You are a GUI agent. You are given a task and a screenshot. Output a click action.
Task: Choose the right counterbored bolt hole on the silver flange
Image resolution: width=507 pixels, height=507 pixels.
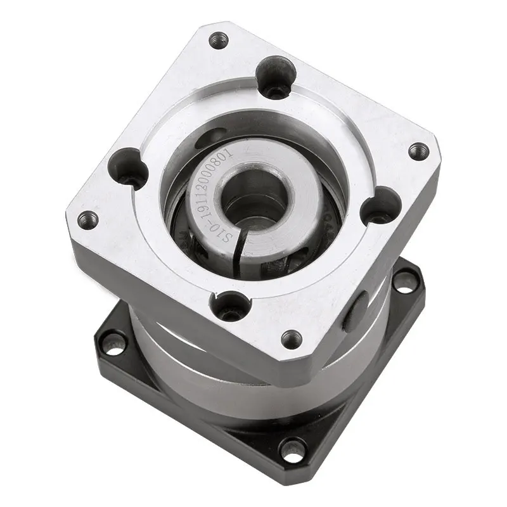tap(380, 207)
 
